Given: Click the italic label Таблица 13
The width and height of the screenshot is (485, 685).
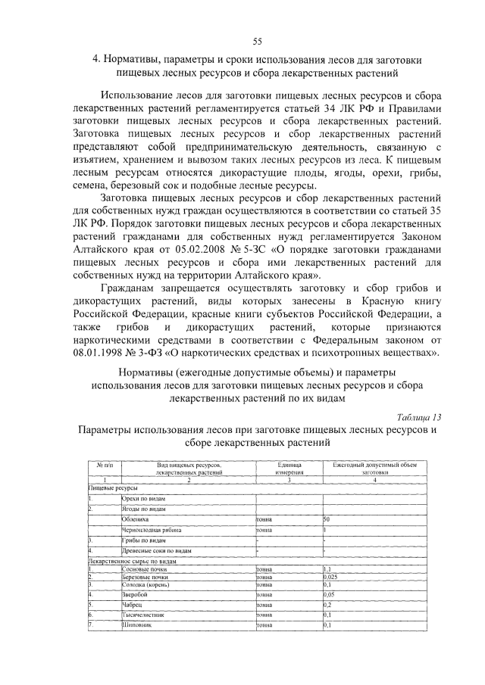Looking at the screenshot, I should pos(418,416).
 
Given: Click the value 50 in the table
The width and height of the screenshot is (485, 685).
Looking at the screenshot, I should pos(327,520).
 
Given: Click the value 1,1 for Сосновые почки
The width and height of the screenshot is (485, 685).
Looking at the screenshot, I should pos(327,568).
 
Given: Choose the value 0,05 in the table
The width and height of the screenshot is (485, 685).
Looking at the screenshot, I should pos(330,595).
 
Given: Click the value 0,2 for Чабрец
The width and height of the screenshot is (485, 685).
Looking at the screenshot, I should pos(327,606).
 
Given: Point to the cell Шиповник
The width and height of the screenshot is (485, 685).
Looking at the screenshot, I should pos(137,625).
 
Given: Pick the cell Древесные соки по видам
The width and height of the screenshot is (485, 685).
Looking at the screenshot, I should pos(156,551).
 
